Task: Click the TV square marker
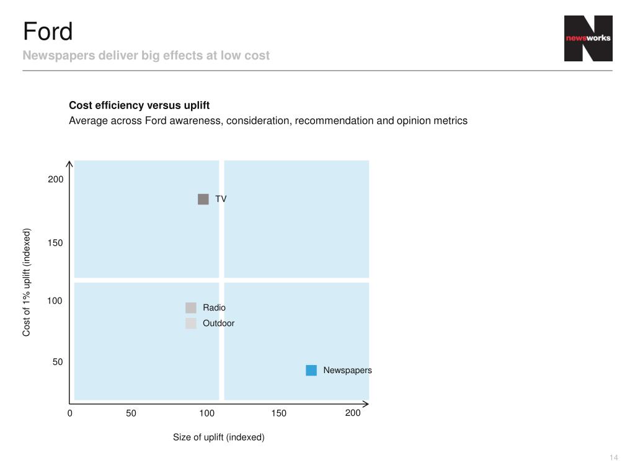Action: [x=203, y=199]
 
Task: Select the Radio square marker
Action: [x=190, y=307]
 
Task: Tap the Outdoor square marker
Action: [x=190, y=323]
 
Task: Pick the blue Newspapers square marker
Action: [x=311, y=370]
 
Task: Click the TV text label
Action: [x=221, y=199]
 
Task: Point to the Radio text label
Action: [x=214, y=307]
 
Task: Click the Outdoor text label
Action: [x=218, y=323]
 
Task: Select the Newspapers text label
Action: [x=347, y=370]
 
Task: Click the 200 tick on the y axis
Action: [x=56, y=179]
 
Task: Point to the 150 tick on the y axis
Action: [x=56, y=243]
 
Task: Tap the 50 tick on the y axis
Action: [x=58, y=361]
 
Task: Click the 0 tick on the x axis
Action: [x=70, y=413]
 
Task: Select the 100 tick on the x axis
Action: [x=206, y=413]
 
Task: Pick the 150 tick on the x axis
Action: [x=279, y=413]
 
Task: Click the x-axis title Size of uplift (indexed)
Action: [x=218, y=437]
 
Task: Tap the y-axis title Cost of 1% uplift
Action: [x=27, y=283]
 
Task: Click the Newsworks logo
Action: [x=588, y=38]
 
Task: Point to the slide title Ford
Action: [x=48, y=31]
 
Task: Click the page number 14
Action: [x=614, y=457]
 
